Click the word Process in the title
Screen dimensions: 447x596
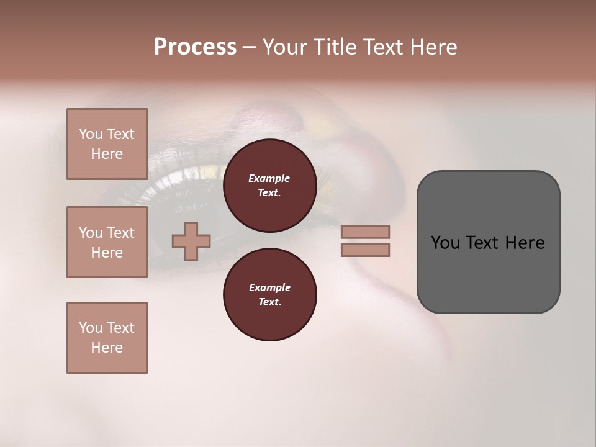point(195,47)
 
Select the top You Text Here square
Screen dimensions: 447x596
point(107,144)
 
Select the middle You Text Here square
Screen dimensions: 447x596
point(107,242)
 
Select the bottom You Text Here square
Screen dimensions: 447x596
point(107,338)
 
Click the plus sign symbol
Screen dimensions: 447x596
point(191,241)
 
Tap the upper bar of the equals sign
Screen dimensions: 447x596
point(365,232)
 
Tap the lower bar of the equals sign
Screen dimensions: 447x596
point(365,250)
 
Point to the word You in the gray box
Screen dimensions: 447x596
point(445,243)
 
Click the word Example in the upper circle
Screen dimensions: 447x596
point(269,178)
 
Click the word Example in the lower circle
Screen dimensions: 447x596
point(269,287)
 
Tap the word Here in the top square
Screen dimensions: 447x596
point(107,154)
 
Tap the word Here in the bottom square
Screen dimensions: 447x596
point(107,348)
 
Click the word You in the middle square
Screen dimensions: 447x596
point(90,233)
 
